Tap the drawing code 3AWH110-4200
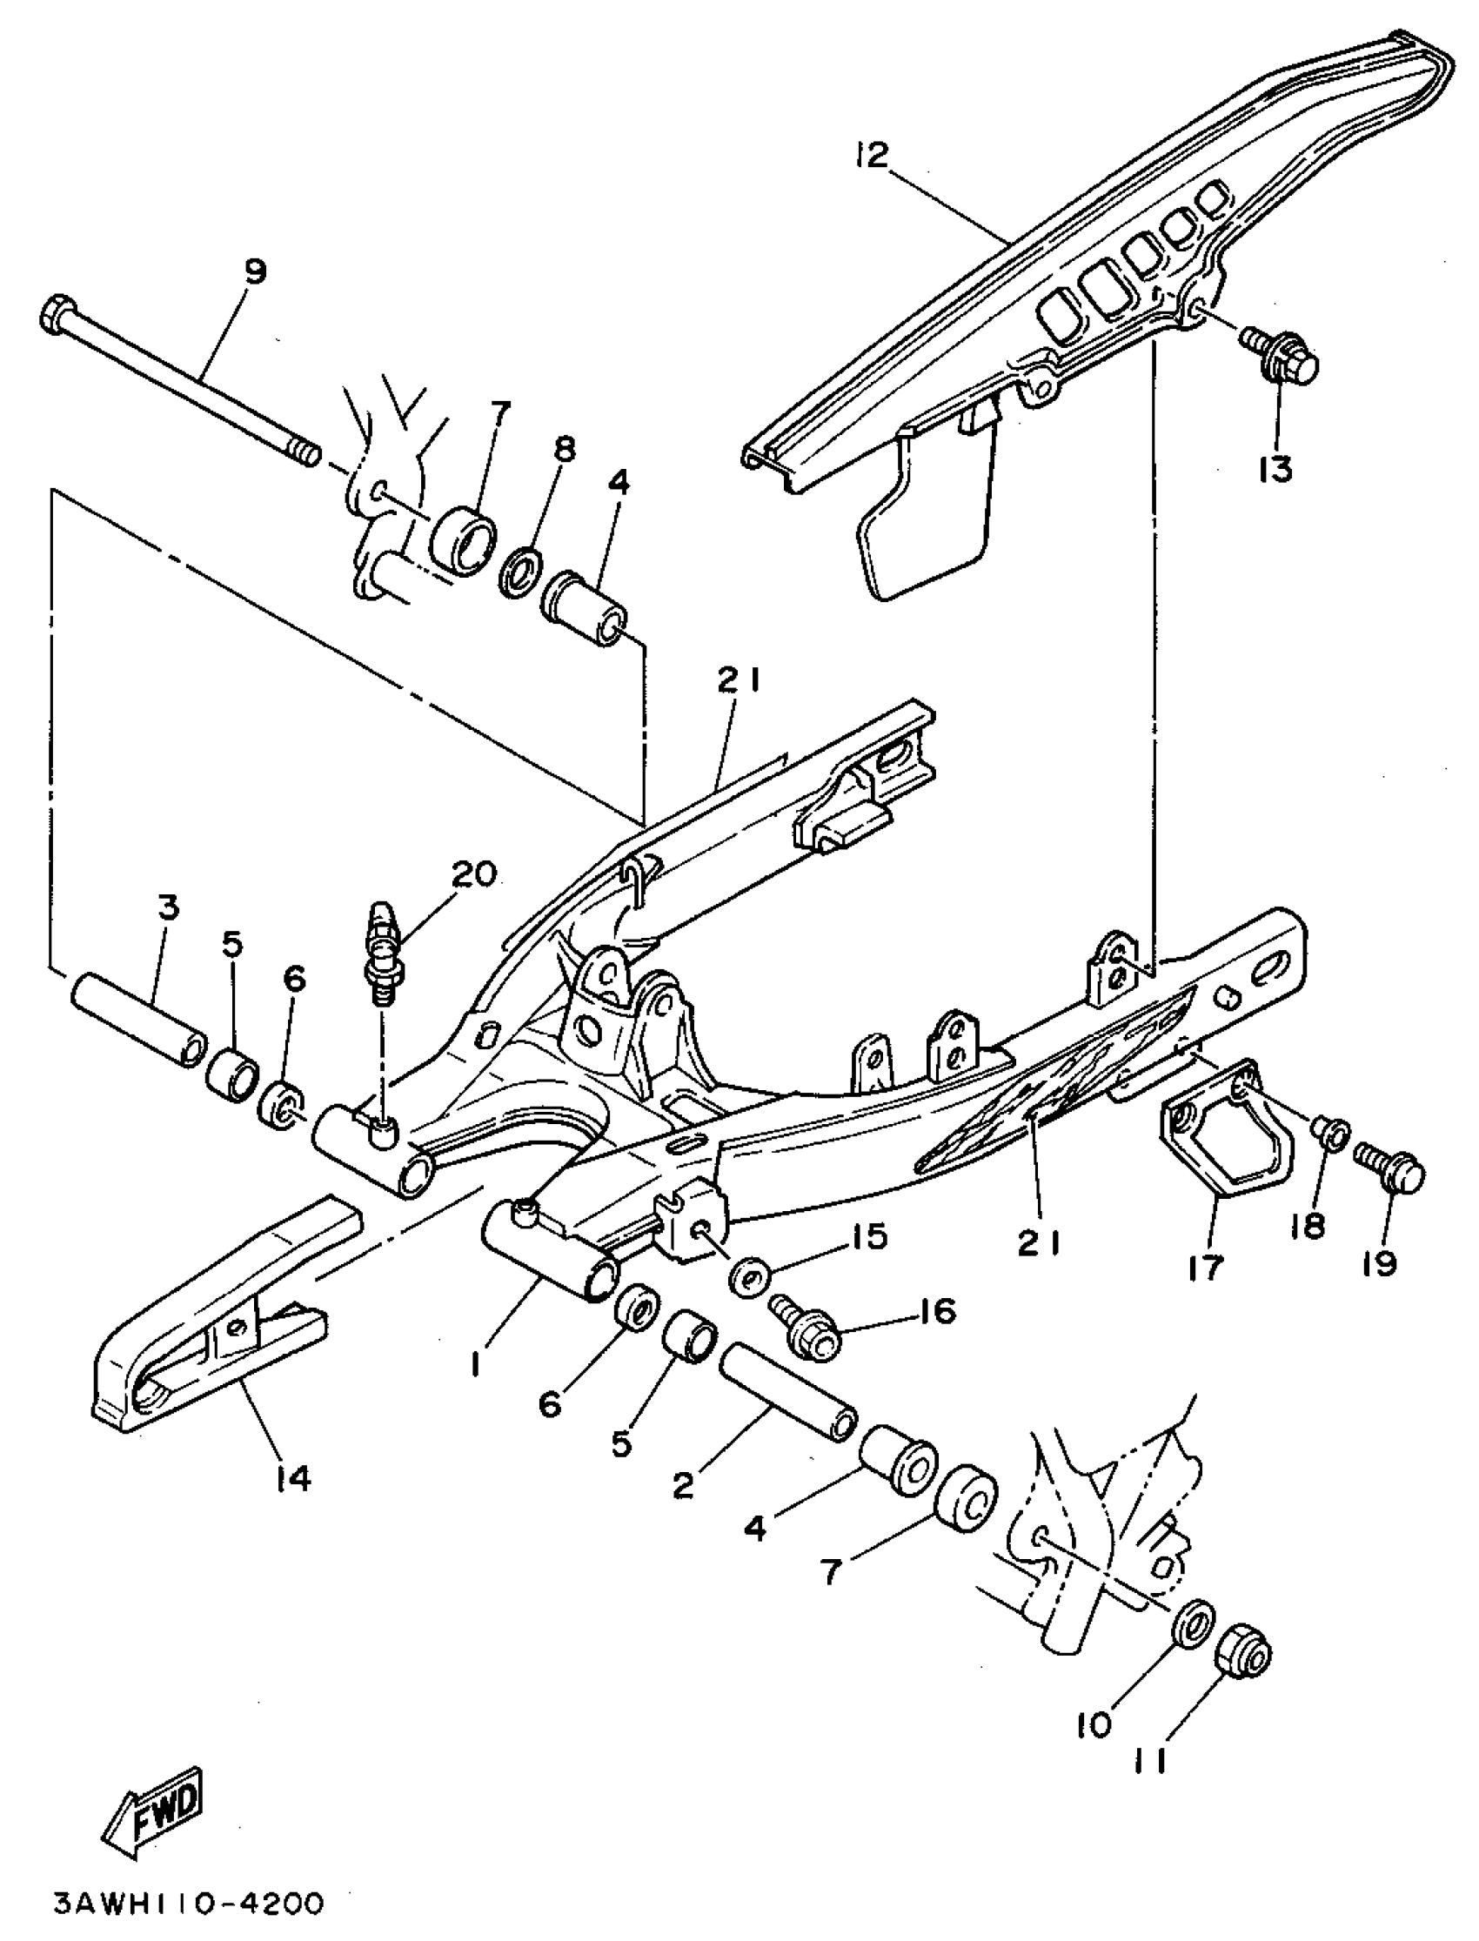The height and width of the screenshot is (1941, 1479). [x=189, y=1904]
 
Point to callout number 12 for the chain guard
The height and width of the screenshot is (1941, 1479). [x=871, y=156]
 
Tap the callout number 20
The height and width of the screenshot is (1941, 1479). [x=473, y=874]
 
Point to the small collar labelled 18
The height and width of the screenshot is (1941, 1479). [x=1328, y=1132]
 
